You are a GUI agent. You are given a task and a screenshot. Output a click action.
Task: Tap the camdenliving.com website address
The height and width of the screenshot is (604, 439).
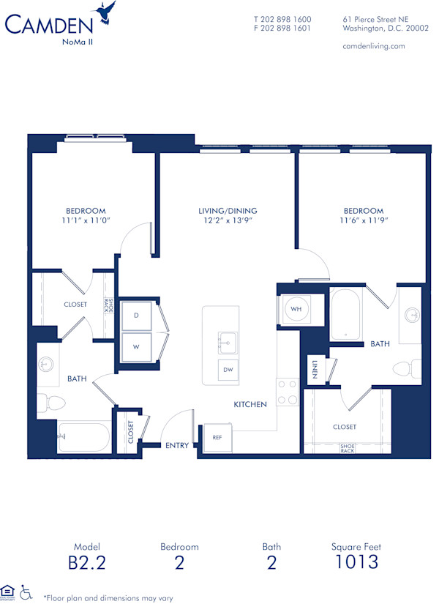(373, 46)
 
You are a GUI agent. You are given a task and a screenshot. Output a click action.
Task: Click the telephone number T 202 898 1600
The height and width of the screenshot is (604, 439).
(282, 20)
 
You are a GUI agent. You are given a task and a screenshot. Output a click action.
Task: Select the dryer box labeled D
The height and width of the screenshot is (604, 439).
(136, 315)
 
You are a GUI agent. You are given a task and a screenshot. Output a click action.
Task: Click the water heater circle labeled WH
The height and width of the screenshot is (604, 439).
(296, 310)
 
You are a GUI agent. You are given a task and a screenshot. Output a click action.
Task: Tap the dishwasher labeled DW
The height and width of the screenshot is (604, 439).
(228, 370)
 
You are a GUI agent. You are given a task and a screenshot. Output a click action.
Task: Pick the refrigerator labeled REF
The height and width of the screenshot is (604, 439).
(217, 437)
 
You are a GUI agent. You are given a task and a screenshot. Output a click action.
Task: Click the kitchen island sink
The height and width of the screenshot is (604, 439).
(227, 342)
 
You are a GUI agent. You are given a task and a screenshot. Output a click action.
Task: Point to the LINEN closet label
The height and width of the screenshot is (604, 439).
(314, 370)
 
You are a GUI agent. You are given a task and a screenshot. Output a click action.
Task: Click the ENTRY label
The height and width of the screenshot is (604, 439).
(177, 445)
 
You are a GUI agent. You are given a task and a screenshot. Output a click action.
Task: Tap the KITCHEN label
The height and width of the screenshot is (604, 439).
(250, 404)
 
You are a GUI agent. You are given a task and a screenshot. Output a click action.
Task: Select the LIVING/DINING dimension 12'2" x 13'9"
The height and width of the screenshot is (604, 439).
(228, 220)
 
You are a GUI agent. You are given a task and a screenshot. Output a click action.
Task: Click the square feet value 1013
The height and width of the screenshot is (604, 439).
(356, 562)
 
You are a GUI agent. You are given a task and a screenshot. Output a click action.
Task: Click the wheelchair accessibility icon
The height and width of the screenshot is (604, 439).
(27, 592)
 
